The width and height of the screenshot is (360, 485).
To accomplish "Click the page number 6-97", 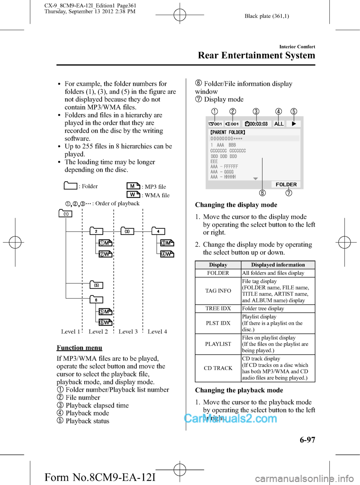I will (x=307, y=440).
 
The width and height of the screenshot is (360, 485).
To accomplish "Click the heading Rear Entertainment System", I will (x=256, y=56).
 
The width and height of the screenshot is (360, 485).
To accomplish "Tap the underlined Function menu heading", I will (x=79, y=348).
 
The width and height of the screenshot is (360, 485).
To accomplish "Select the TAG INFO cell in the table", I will (x=218, y=291).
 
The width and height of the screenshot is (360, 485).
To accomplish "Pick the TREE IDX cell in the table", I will (x=218, y=308).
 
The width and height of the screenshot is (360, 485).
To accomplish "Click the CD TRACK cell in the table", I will (x=218, y=368).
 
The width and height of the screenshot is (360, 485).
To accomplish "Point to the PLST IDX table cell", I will (x=218, y=323).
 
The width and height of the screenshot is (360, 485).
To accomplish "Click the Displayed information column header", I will (x=278, y=265).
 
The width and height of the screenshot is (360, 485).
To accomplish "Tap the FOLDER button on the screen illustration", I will (x=286, y=185).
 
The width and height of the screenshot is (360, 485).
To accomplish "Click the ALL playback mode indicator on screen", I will (x=279, y=124).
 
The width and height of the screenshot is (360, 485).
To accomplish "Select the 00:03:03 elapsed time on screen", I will (x=256, y=124).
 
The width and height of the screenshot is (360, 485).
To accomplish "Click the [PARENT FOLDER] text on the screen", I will (x=228, y=132).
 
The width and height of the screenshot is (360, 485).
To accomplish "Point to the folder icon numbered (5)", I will (x=96, y=285).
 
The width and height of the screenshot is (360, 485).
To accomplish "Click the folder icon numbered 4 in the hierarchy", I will (x=158, y=231).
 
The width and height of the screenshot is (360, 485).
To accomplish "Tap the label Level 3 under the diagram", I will (x=128, y=332).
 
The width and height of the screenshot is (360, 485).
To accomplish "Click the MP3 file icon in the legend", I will (x=133, y=186).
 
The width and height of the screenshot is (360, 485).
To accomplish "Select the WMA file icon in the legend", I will (x=133, y=195).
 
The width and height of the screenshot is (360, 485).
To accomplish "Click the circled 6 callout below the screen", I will (x=262, y=193).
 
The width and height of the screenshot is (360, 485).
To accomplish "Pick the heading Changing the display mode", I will (x=236, y=205).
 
